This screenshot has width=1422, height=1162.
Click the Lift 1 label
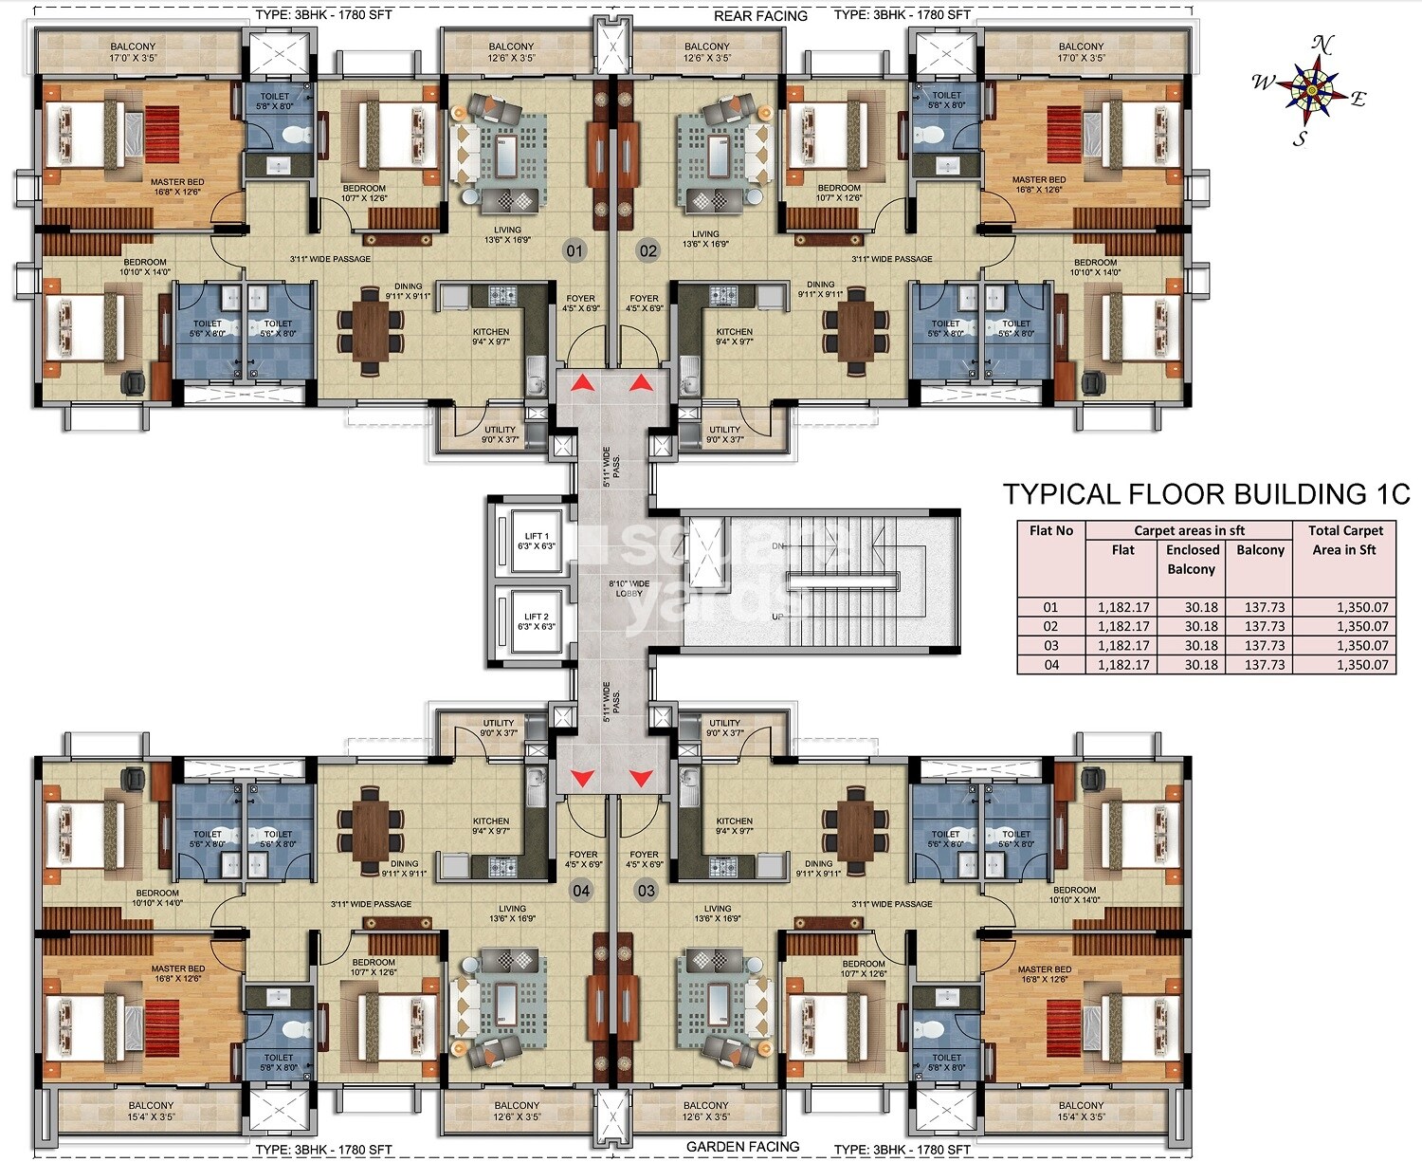(536, 542)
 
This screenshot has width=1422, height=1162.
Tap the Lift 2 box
(536, 622)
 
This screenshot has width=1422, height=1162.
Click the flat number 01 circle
(574, 251)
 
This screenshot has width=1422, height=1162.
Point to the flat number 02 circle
(647, 251)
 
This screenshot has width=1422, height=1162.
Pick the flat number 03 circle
(647, 891)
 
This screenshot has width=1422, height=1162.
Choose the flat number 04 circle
(580, 891)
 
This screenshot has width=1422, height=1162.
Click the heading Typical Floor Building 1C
(1206, 494)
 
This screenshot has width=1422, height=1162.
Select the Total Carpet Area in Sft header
(1344, 541)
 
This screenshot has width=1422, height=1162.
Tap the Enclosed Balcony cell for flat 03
(1200, 646)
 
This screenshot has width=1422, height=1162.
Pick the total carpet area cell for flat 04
(1361, 665)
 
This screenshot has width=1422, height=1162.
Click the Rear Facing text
(760, 16)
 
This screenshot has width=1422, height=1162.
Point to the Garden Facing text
(742, 1147)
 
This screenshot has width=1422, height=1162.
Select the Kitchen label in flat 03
(734, 821)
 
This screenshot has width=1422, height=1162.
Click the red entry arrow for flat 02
(642, 382)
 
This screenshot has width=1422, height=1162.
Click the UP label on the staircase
(777, 617)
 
